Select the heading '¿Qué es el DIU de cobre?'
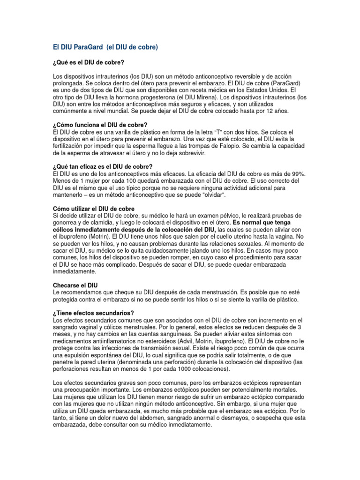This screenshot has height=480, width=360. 89,62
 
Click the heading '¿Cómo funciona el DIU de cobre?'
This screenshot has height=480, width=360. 100,125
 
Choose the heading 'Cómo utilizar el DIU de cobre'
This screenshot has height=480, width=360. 94,209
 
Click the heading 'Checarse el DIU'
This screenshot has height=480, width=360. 76,285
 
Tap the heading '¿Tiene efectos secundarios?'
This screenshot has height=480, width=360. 94,313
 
